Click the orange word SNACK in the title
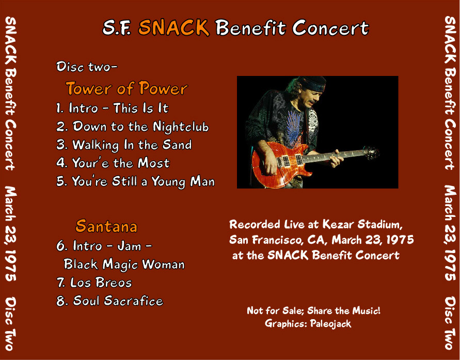[173, 27]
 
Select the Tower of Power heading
[126, 88]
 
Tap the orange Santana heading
[106, 226]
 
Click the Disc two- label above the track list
[87, 67]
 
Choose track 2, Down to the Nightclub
[132, 127]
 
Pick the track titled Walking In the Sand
[124, 145]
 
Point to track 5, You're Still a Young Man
[135, 181]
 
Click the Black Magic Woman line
[124, 264]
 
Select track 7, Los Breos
[94, 283]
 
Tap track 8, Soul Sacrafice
[109, 301]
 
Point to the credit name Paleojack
[330, 323]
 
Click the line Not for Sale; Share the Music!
[313, 310]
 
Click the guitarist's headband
[314, 84]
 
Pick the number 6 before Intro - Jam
[61, 245]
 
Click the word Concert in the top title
[330, 28]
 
